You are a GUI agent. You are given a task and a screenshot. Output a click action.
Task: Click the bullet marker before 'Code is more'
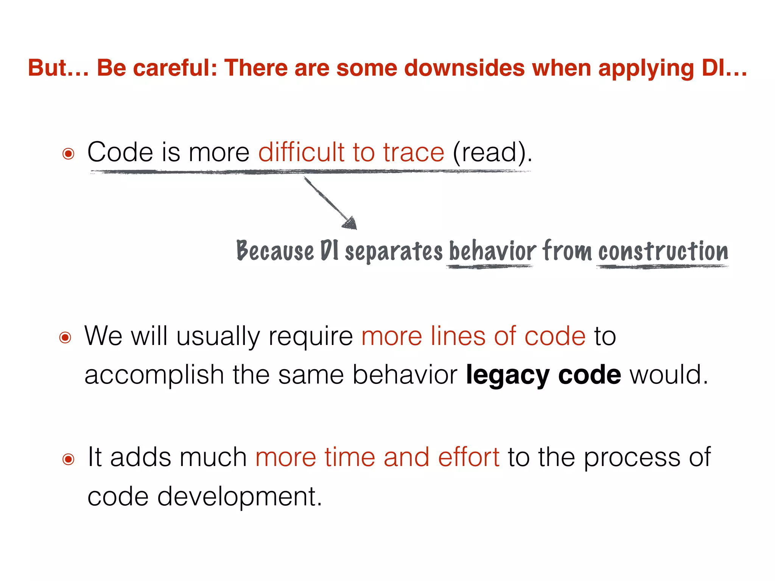[68, 154]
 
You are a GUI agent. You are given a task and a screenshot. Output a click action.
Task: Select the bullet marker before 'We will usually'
[65, 337]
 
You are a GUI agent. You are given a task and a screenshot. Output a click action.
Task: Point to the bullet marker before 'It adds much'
[68, 459]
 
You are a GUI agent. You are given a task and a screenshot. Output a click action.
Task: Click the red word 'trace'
[413, 152]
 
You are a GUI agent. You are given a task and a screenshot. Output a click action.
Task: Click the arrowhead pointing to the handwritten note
[350, 223]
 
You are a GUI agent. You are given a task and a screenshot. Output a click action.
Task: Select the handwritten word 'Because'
[275, 251]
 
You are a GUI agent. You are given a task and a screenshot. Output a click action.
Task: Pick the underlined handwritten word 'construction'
[663, 251]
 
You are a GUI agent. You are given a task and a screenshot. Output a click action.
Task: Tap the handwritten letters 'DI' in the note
[329, 251]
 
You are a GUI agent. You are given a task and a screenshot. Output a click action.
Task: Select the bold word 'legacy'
[507, 375]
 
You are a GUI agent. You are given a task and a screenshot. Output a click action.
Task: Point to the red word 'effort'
[468, 458]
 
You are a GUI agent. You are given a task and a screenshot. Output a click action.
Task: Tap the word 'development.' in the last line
[240, 497]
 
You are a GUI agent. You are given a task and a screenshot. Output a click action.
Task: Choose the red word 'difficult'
[301, 152]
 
